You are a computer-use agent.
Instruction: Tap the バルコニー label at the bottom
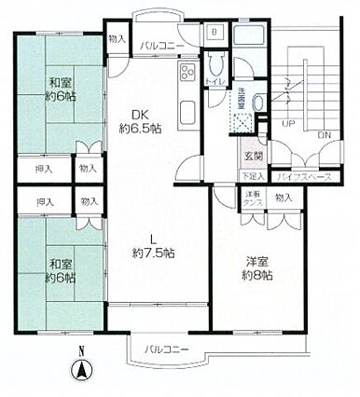coord(168,349)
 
